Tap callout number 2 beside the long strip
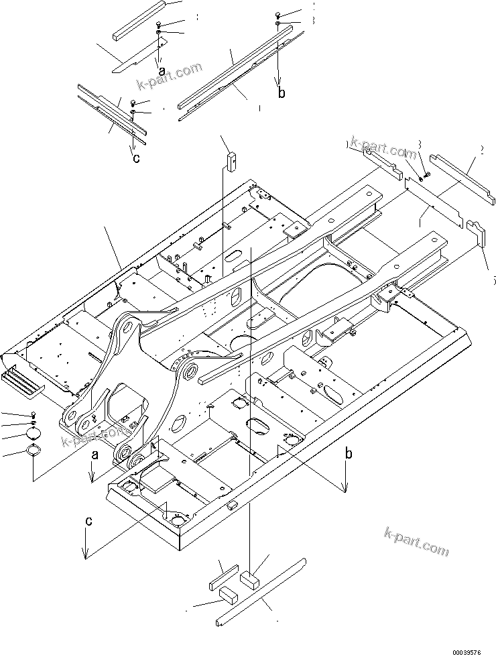click(481, 151)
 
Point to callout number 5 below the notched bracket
click(493, 280)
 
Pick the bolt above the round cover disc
click(34, 414)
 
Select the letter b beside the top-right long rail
click(282, 93)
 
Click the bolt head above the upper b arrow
click(278, 15)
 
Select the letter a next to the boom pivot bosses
click(95, 455)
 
